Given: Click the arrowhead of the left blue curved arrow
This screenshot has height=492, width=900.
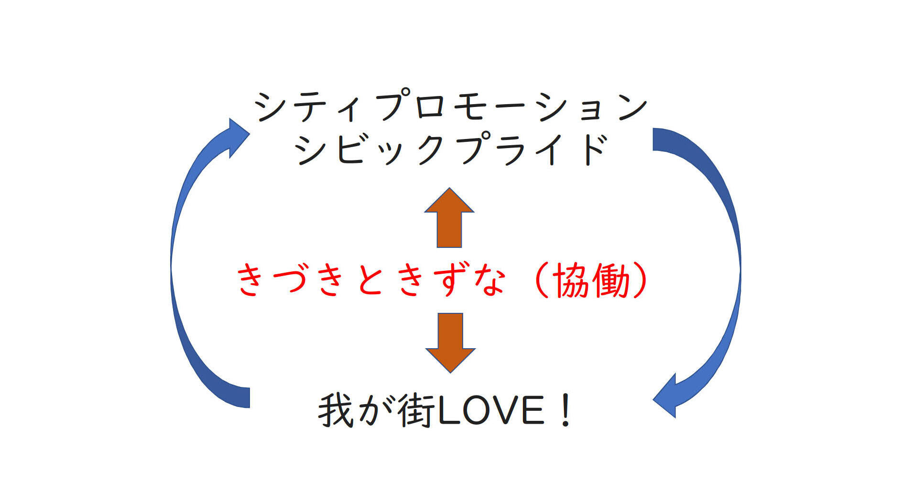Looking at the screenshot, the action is coord(236,137).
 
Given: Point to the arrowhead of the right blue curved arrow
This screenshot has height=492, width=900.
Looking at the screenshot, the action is coord(667,396).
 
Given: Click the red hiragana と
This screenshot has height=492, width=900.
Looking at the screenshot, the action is coord(372,280).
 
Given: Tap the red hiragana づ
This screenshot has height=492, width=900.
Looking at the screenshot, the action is coord(292,280).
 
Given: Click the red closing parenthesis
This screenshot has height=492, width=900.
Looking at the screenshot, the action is coord(640,280).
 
